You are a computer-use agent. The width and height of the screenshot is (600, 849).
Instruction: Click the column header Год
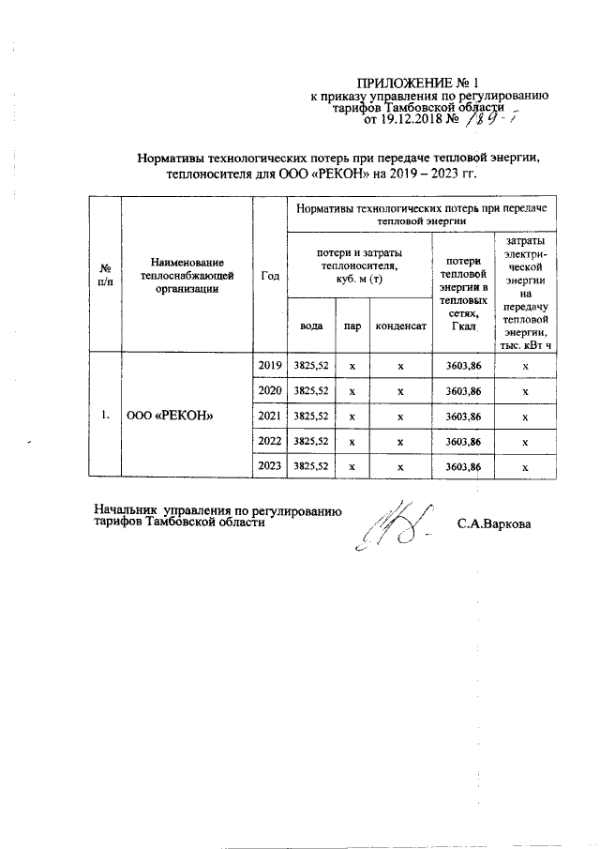click(270, 275)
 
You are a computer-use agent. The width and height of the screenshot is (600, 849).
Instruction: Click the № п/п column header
click(106, 275)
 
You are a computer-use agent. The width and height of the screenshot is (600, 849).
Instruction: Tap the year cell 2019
click(269, 364)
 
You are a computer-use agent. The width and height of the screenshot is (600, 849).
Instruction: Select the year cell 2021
click(269, 415)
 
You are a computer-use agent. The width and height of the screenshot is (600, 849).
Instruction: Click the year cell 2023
click(269, 465)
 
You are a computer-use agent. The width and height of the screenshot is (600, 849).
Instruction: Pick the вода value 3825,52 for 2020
click(311, 389)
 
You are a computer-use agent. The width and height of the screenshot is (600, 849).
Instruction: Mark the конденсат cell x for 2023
click(400, 466)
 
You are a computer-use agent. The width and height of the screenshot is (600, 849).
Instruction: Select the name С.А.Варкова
click(494, 523)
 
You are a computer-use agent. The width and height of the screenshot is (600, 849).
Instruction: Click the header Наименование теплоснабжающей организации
click(187, 275)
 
